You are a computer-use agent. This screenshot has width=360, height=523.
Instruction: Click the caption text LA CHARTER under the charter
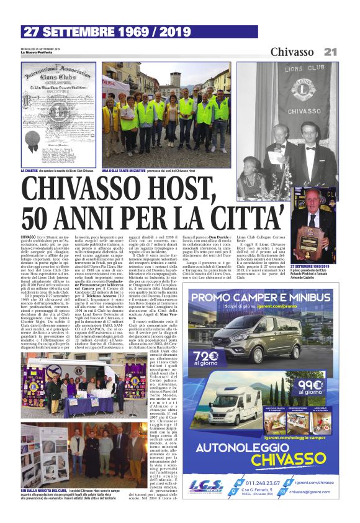point(32,170)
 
